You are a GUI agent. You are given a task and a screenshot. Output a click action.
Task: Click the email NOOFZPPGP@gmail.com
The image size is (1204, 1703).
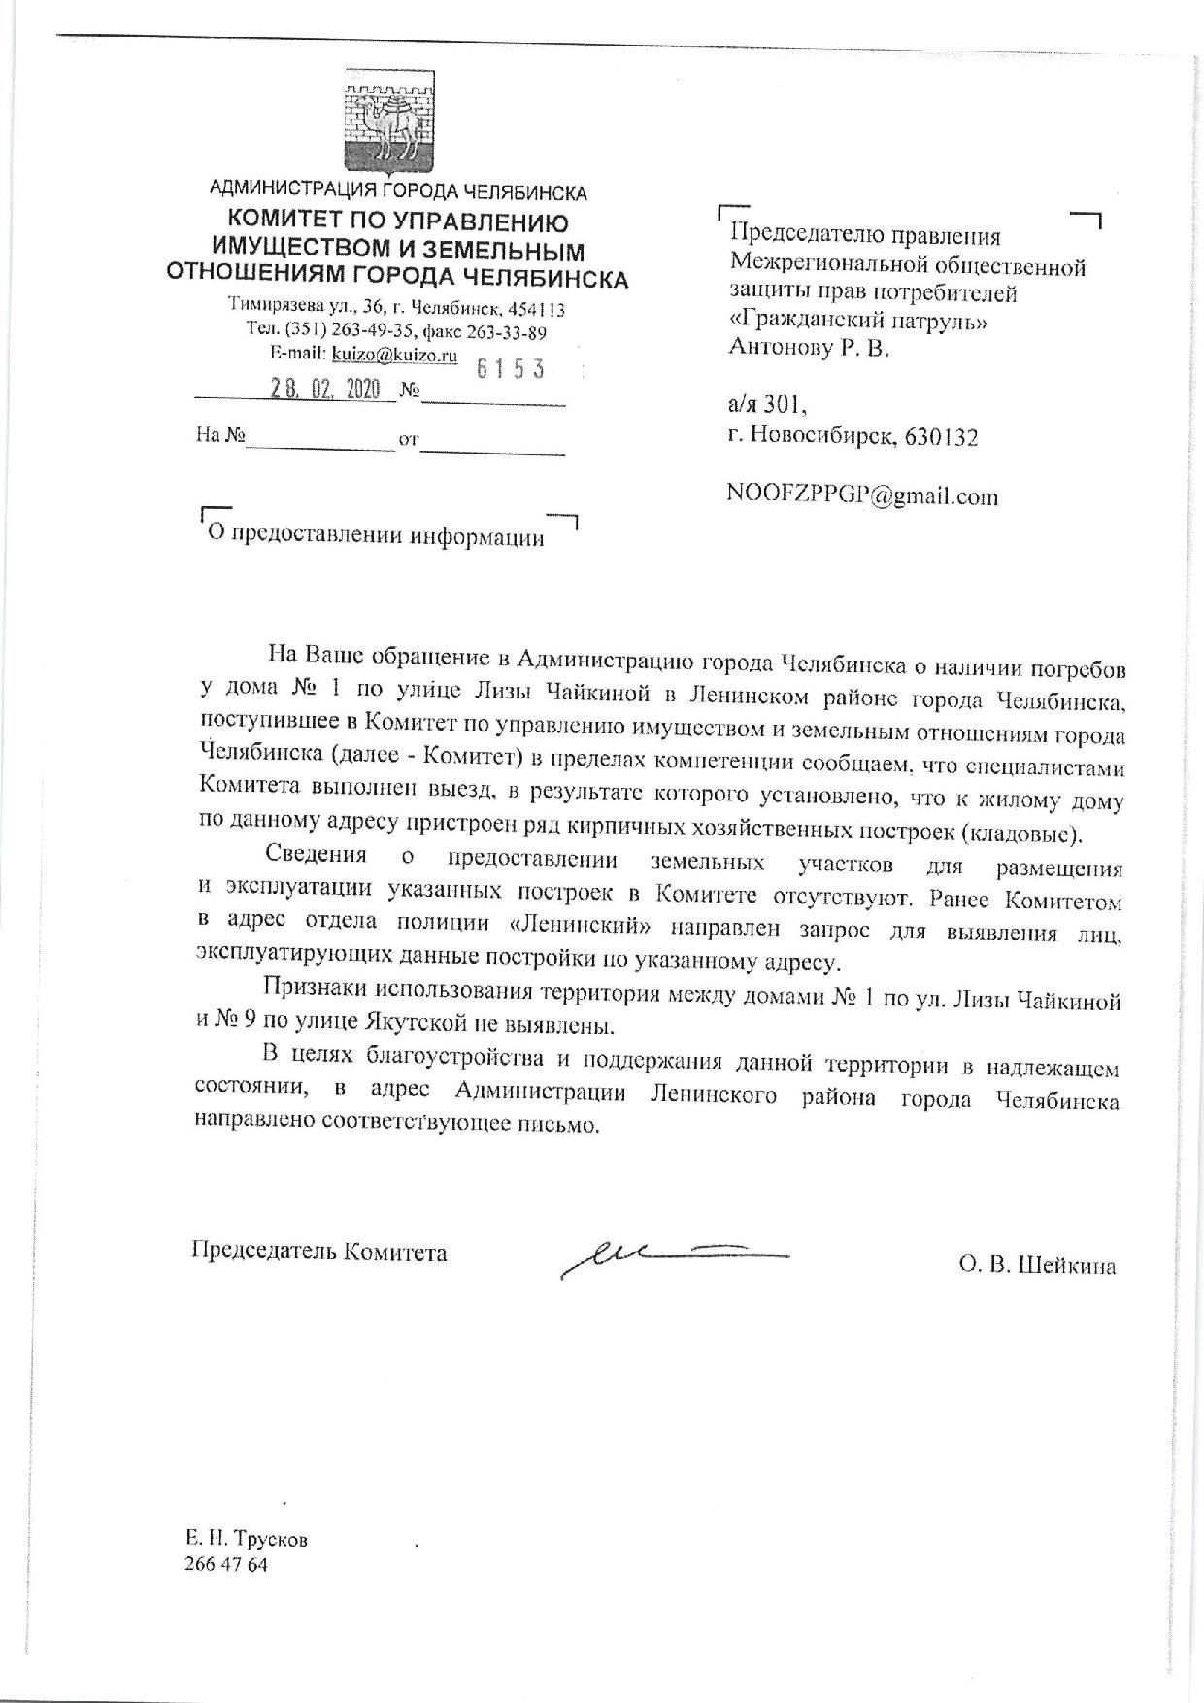862,496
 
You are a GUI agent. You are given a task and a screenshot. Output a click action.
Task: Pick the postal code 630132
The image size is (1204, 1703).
941,437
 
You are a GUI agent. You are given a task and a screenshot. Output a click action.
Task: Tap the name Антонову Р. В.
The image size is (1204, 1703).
808,348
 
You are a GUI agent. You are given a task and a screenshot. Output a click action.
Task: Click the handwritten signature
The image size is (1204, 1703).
670,1256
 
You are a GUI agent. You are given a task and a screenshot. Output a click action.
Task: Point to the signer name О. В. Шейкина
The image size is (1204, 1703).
1036,1265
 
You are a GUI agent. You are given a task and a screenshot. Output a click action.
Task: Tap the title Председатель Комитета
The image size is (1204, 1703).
319,1251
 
